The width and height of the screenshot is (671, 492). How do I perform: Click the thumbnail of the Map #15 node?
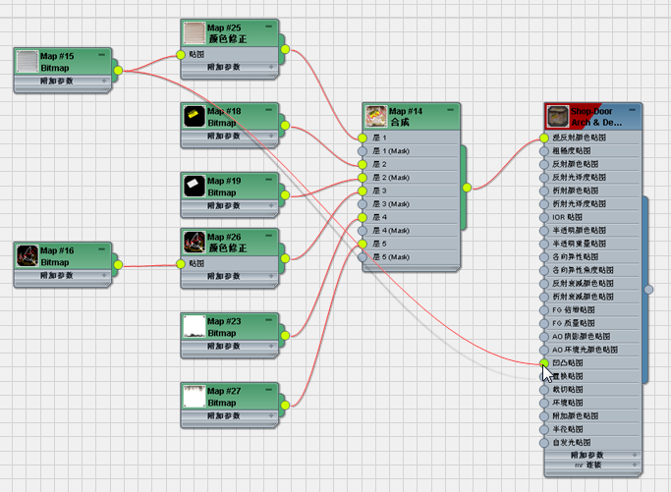tap(28, 62)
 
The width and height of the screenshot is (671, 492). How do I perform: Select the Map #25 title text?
tap(225, 28)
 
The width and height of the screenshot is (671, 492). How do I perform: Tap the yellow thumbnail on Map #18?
tap(195, 118)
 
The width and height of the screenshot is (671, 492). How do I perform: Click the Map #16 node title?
tap(57, 251)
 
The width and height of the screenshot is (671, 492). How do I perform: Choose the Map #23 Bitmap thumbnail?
tap(195, 326)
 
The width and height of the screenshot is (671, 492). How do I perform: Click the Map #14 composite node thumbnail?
tap(375, 117)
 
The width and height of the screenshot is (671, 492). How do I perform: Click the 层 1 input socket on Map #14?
tap(363, 138)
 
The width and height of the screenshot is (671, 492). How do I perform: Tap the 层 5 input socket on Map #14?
tap(363, 244)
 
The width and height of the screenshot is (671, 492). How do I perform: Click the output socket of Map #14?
tap(466, 187)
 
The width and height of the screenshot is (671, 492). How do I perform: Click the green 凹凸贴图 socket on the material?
tap(544, 362)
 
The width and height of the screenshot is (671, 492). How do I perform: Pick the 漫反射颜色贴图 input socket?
tap(544, 138)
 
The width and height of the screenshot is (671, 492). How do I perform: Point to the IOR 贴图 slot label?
tap(568, 216)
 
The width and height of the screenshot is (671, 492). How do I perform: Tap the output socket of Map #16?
tap(118, 265)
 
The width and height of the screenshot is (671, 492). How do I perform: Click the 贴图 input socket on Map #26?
tap(180, 263)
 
